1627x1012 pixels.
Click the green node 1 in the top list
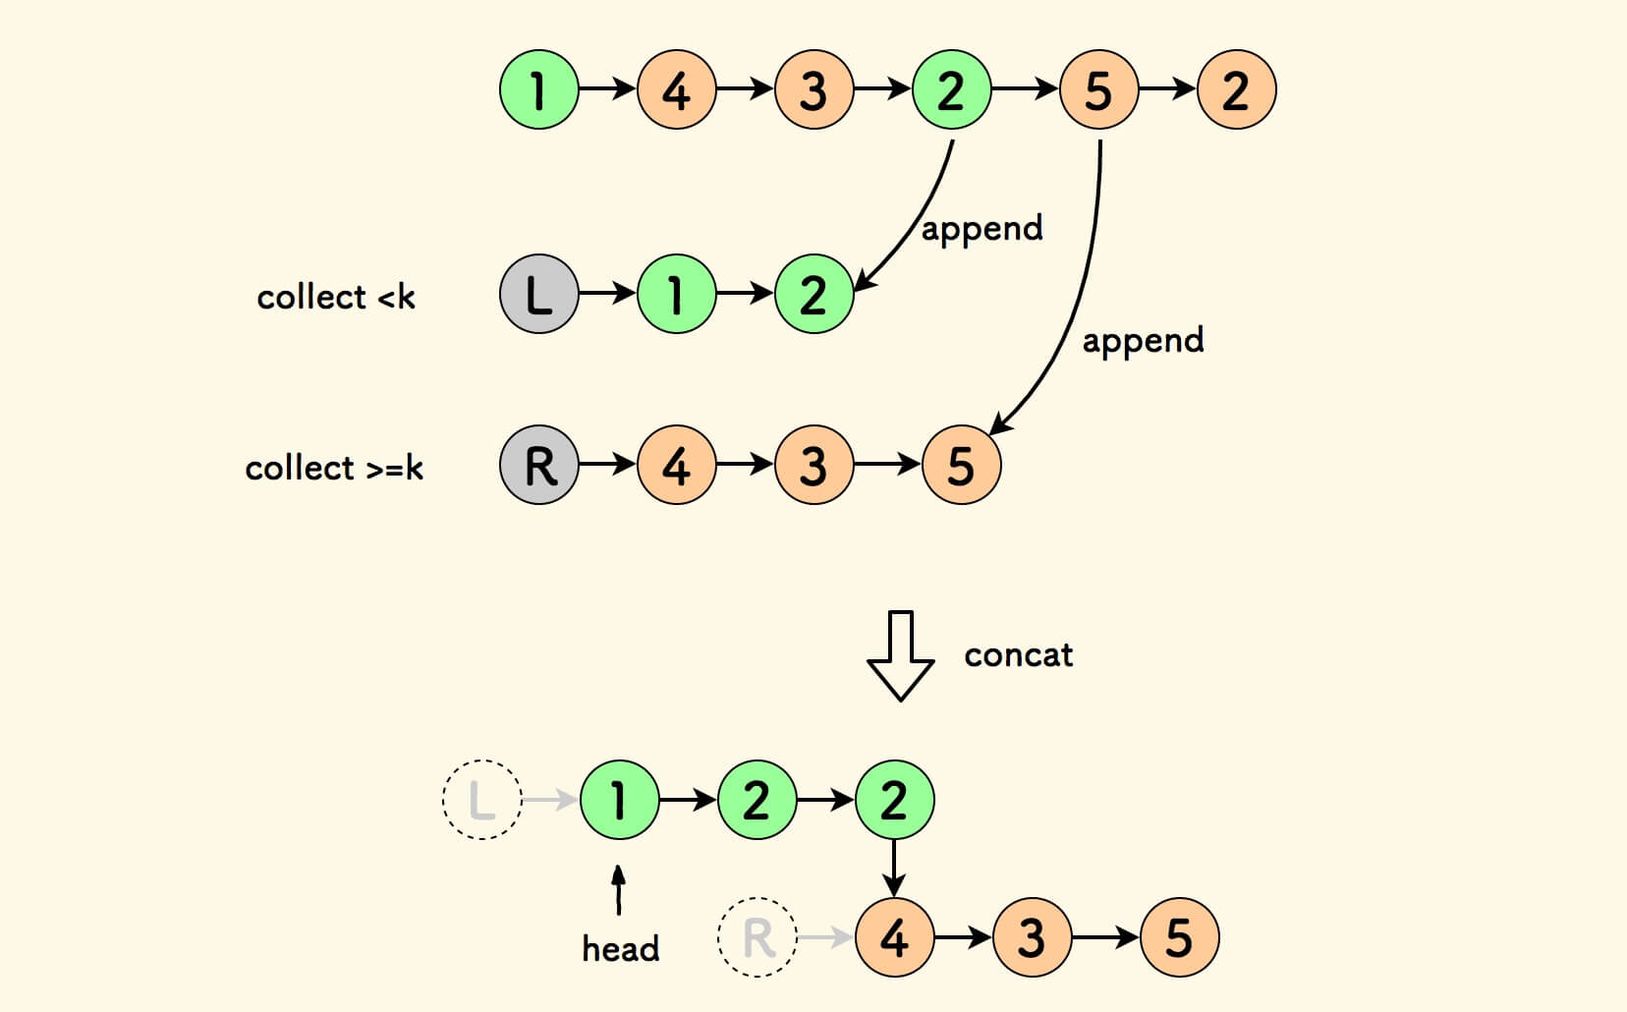pos(538,90)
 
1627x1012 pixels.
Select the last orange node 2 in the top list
pos(1236,90)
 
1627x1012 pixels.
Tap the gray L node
pos(538,294)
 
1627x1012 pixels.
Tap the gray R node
pos(538,465)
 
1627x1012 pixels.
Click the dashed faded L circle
pos(481,800)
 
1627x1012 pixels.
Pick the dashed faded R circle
pos(757,937)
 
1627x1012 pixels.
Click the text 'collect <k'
pos(336,297)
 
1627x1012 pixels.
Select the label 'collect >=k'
pos(334,468)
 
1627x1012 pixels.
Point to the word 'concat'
pos(1018,655)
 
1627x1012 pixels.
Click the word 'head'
pos(620,949)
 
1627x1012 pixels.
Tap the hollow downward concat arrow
pos(900,655)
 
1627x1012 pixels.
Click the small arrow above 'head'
pos(618,889)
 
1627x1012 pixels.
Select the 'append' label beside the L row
pos(982,229)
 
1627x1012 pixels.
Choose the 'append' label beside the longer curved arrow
pos(1143,341)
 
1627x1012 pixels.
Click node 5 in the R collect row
pos(961,465)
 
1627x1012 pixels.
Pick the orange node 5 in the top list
pos(1098,90)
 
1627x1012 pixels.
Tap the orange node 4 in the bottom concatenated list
pos(894,937)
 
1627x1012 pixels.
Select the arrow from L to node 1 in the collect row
pos(607,294)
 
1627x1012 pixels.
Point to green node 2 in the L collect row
pos(813,294)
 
